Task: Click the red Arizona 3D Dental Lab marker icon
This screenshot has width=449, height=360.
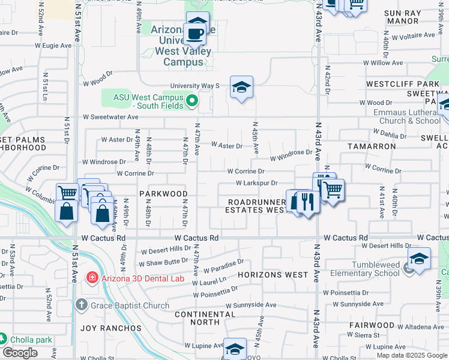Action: click(91, 277)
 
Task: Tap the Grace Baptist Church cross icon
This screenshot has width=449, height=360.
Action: click(82, 305)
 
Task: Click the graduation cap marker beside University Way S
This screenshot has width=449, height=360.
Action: click(241, 88)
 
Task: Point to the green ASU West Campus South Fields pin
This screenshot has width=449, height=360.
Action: click(191, 100)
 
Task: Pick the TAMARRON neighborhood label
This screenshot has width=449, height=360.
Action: click(372, 146)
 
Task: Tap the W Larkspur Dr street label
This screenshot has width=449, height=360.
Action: click(256, 183)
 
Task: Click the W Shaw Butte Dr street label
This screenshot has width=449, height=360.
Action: click(163, 263)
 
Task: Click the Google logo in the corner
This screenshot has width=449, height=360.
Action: click(20, 353)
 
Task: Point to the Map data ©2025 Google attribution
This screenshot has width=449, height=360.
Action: click(411, 355)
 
